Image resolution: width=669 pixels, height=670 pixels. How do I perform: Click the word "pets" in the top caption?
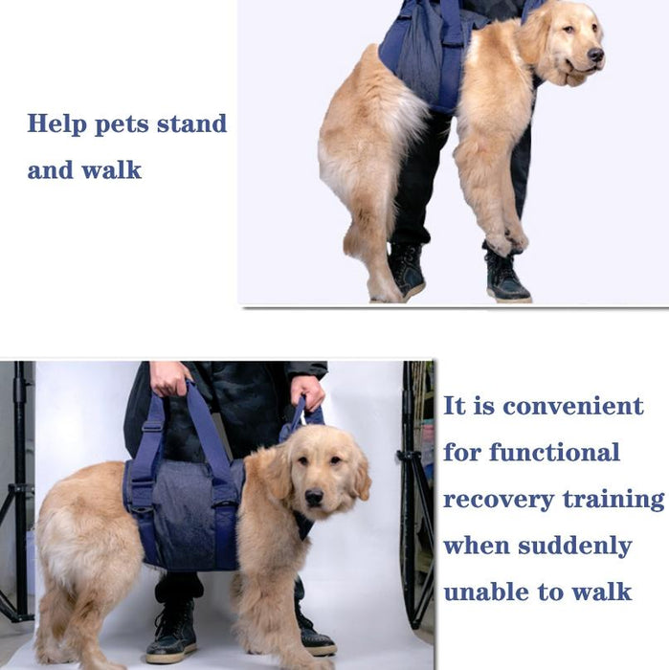tap(123, 124)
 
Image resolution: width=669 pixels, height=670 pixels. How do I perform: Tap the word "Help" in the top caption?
tap(56, 124)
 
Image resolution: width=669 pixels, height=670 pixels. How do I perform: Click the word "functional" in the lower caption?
tap(554, 452)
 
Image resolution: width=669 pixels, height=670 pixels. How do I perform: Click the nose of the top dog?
tap(595, 55)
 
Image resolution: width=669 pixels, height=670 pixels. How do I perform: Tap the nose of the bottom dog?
tap(314, 498)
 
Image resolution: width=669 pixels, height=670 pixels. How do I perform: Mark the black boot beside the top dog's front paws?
tap(507, 277)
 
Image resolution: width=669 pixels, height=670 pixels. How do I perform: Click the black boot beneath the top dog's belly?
tap(407, 272)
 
